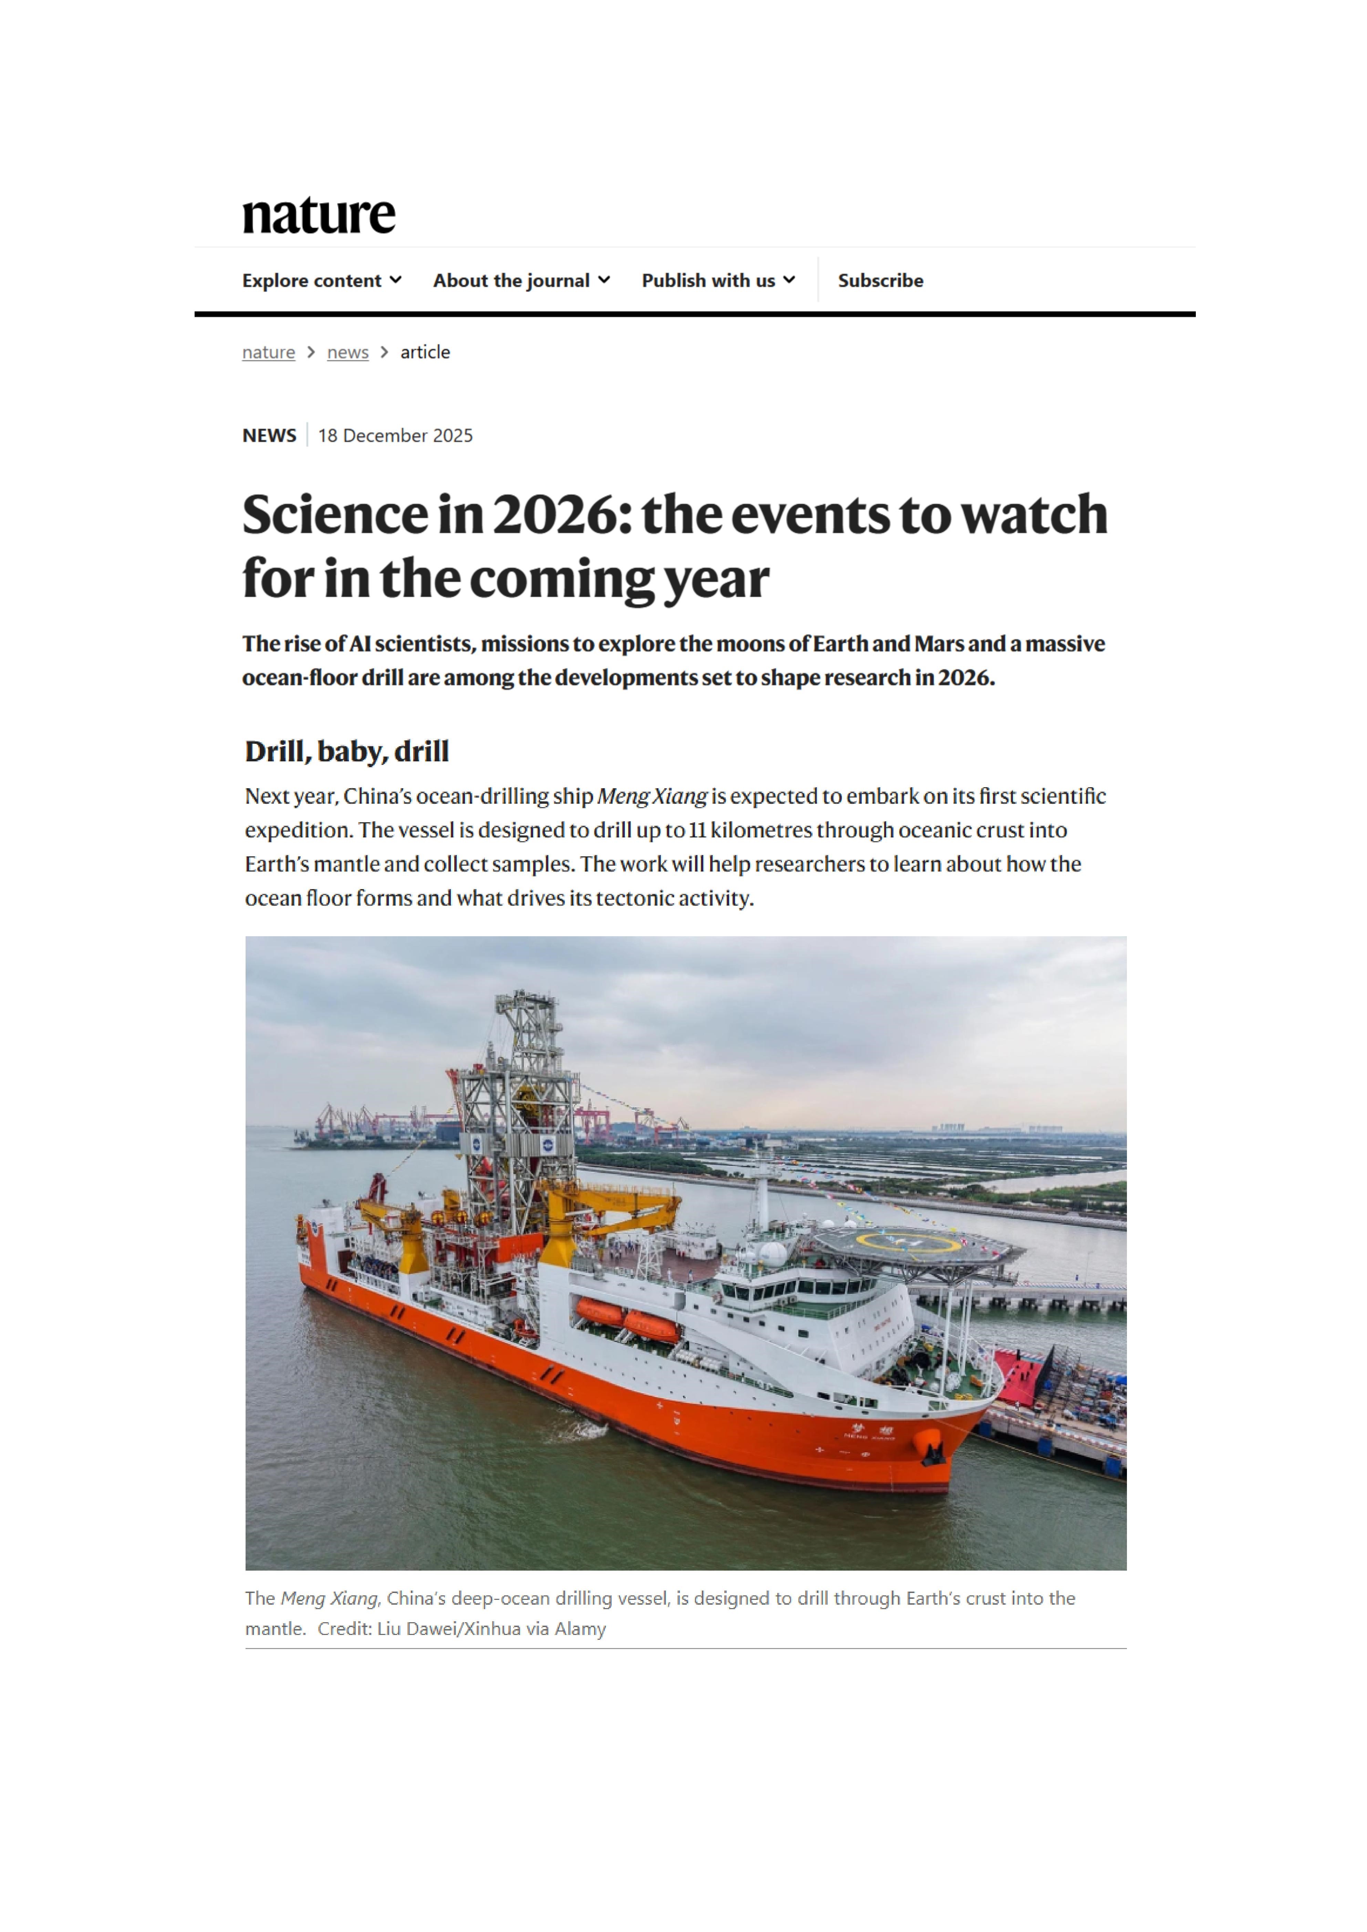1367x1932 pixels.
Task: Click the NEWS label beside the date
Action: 269,435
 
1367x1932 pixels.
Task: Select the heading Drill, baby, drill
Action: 347,751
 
